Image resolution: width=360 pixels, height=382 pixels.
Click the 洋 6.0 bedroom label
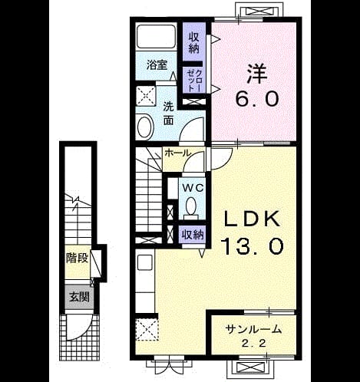(x=256, y=85)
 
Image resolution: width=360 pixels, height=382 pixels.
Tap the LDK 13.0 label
(x=253, y=233)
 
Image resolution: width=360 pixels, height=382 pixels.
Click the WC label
(x=193, y=189)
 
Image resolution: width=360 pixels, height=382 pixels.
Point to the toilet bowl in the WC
(x=191, y=206)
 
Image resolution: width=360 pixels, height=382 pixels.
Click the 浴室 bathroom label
(x=157, y=65)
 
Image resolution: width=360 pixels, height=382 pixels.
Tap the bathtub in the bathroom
(x=156, y=36)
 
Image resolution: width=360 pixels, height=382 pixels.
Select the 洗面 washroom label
(x=169, y=114)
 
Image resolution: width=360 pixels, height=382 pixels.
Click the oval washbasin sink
(x=145, y=127)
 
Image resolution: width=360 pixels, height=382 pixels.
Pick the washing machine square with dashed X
(x=146, y=96)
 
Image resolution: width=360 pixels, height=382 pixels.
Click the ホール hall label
(x=178, y=153)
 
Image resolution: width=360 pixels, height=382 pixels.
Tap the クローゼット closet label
(x=194, y=81)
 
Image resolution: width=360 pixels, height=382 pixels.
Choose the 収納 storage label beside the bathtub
(x=194, y=43)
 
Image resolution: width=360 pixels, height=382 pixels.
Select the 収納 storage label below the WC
(x=193, y=235)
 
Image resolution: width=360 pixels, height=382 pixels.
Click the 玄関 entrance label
(x=79, y=297)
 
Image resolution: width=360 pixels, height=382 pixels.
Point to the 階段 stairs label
(x=77, y=258)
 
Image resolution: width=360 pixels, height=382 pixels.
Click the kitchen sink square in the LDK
(x=145, y=262)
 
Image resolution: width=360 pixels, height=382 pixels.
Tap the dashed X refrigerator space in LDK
(x=147, y=330)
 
